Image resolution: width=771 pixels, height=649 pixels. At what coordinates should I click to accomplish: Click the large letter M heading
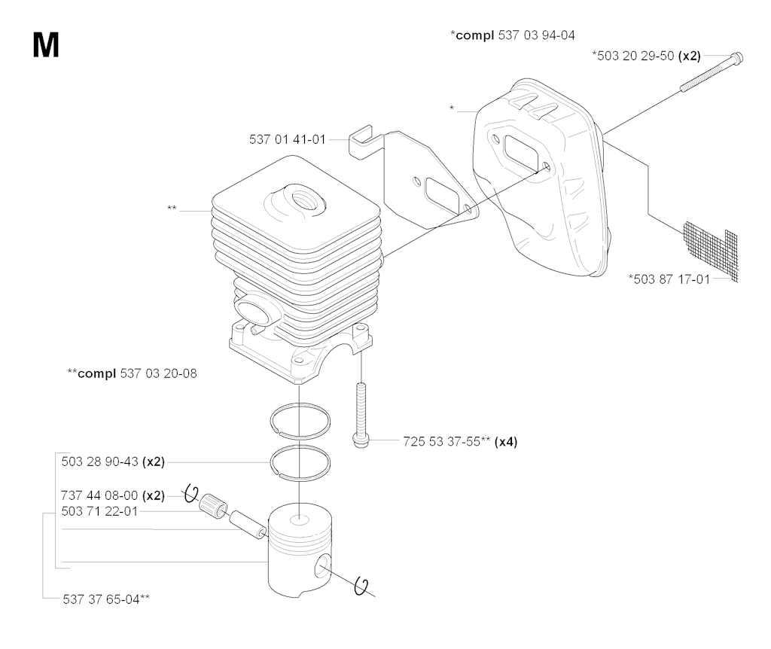coord(46,45)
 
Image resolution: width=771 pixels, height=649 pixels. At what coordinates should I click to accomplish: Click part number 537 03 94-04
coord(536,35)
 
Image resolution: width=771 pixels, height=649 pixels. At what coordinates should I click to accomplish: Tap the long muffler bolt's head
coord(736,57)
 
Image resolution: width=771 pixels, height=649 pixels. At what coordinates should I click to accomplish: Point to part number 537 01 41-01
coord(288,139)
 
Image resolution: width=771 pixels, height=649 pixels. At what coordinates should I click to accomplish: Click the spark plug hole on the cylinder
coord(306,200)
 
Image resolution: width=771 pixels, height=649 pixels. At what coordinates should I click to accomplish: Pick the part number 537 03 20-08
coord(158,373)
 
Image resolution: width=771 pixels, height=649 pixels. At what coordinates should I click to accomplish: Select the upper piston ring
coord(300,421)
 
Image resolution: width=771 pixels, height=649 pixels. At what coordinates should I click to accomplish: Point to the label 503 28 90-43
coord(100,462)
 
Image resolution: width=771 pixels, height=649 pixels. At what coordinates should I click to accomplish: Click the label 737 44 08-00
coord(99,495)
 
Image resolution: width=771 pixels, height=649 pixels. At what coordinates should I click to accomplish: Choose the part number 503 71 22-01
coord(100,512)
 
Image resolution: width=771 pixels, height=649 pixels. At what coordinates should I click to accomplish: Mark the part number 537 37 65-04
coord(102,599)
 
